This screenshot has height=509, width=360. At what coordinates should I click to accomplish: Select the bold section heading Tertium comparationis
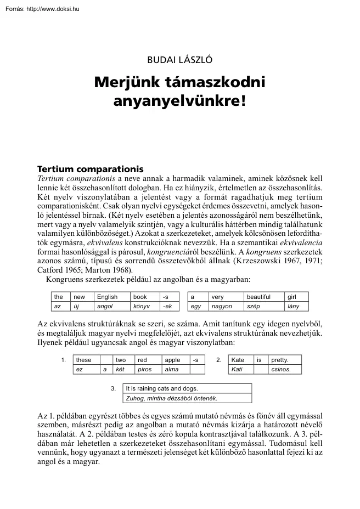(x=89, y=169)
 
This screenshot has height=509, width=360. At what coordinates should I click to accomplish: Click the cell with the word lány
(x=294, y=306)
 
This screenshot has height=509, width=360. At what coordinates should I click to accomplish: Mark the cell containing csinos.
(x=280, y=370)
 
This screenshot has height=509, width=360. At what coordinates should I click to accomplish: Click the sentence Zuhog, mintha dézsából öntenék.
(x=172, y=398)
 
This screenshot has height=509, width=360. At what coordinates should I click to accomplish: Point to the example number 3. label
(x=113, y=388)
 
